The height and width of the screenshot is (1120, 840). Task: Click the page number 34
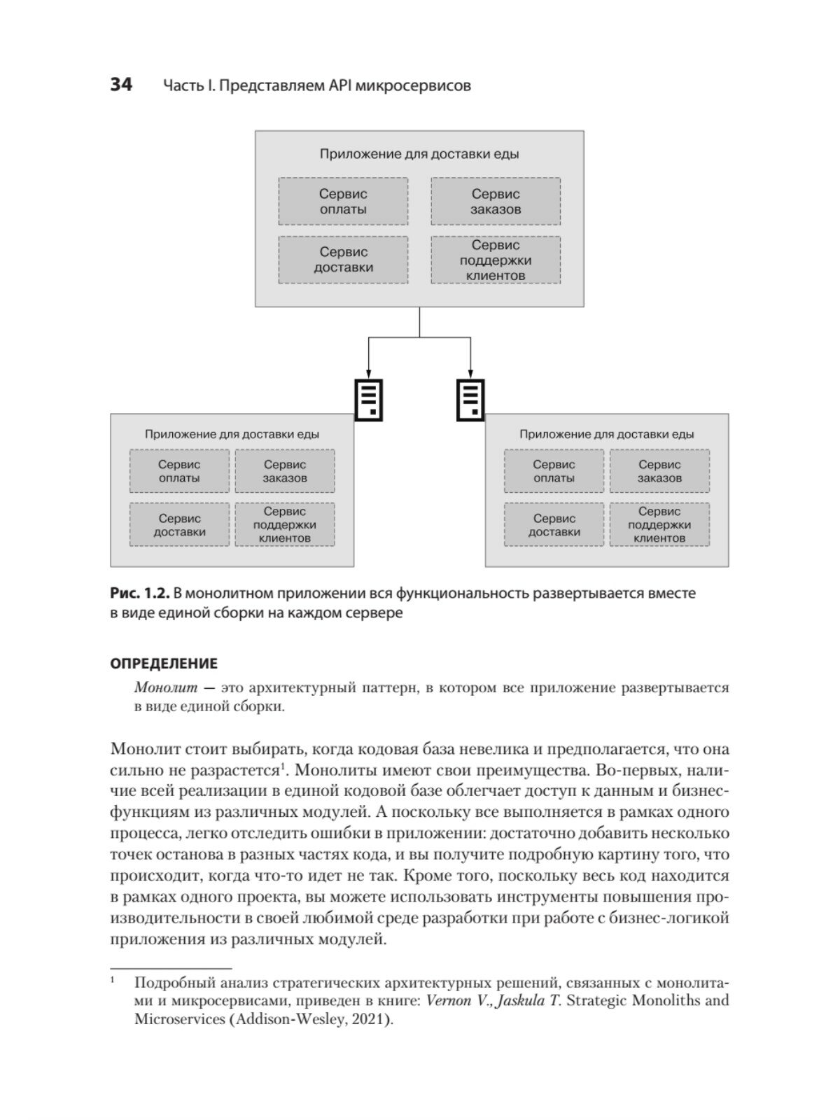coord(121,85)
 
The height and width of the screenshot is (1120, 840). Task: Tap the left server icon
coord(370,400)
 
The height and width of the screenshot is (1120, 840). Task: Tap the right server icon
coord(470,400)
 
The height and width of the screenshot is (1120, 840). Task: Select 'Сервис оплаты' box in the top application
coord(343,202)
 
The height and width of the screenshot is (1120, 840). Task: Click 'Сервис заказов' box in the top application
coord(496,202)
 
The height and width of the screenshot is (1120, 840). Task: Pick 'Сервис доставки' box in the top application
coord(343,260)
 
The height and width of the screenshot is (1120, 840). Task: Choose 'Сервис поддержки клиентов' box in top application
coord(496,260)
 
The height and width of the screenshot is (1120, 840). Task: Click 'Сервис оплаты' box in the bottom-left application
coord(179,471)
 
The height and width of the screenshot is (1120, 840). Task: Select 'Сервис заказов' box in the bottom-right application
coord(659,471)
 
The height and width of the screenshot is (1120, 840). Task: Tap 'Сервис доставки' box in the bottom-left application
coord(179,525)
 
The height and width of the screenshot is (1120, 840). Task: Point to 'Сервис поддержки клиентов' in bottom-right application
coord(659,525)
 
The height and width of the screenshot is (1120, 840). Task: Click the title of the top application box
coord(419,154)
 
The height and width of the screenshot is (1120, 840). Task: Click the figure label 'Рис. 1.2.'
coord(140,594)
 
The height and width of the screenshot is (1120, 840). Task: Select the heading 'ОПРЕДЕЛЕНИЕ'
coord(164,664)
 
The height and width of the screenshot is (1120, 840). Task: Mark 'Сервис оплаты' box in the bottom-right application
coord(554,471)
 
